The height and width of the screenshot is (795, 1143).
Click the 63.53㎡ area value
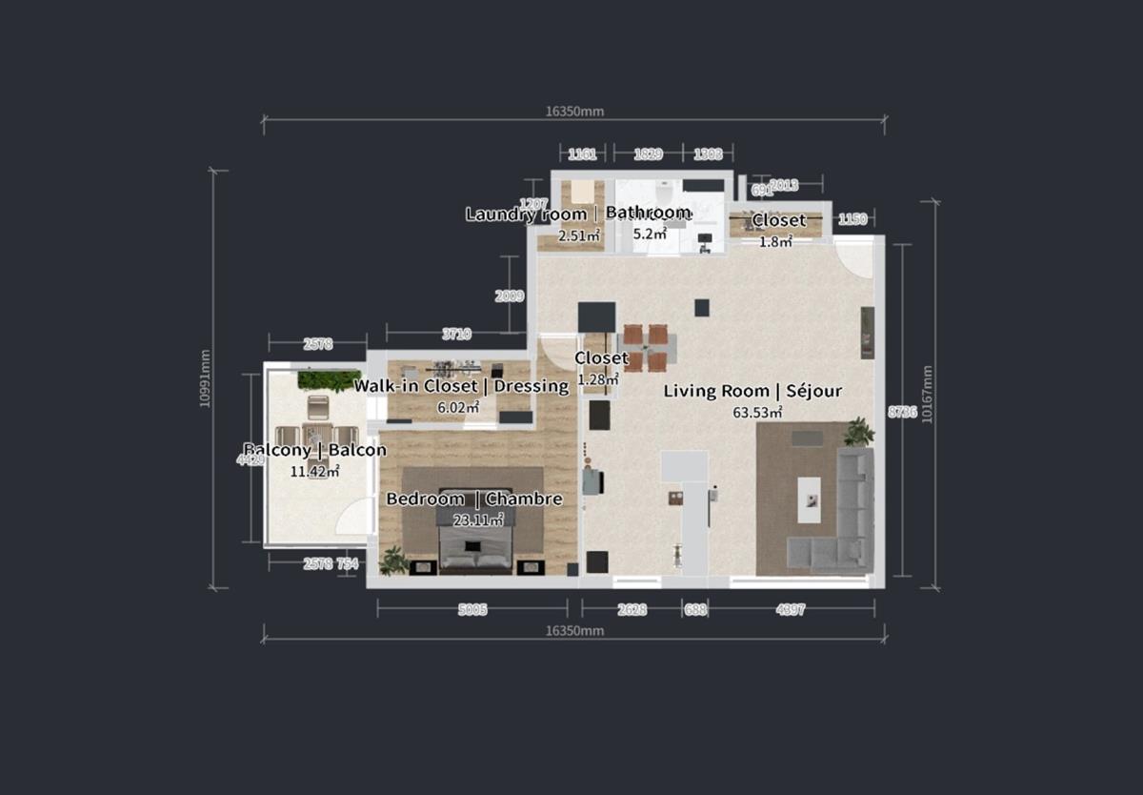click(x=757, y=413)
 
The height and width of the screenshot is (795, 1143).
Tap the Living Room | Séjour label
click(x=752, y=391)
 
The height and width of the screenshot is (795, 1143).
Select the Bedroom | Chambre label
click(x=473, y=499)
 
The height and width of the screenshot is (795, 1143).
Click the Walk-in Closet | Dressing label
click(x=461, y=386)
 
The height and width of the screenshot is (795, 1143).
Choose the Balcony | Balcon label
click(x=315, y=450)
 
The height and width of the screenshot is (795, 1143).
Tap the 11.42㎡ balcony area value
click(x=315, y=470)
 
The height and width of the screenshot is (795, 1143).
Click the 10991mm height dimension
click(x=206, y=378)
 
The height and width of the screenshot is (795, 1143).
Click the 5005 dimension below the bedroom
click(x=471, y=610)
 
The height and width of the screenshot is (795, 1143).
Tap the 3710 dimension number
click(x=455, y=334)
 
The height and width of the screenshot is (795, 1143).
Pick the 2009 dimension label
click(x=510, y=296)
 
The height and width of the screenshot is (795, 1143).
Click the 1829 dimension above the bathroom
click(x=648, y=153)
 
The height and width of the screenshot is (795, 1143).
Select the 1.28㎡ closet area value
click(x=598, y=378)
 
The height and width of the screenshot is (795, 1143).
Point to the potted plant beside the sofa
click(x=859, y=431)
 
